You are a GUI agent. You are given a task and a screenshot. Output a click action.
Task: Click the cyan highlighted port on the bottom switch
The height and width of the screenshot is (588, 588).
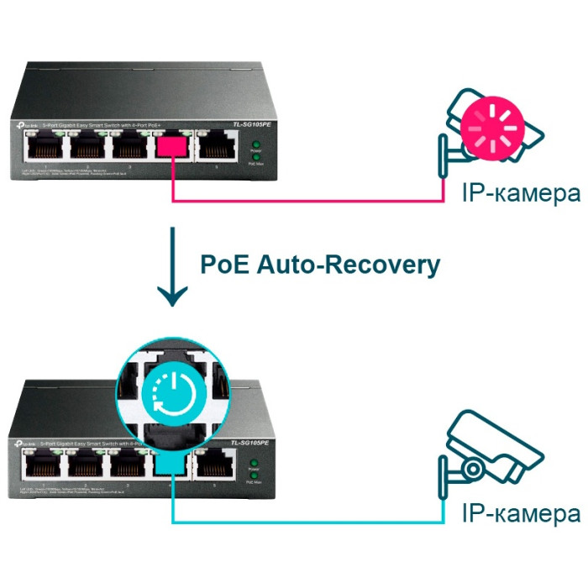[x=171, y=464]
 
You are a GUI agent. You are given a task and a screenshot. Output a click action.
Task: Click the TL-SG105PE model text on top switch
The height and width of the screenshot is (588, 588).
[x=253, y=125]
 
